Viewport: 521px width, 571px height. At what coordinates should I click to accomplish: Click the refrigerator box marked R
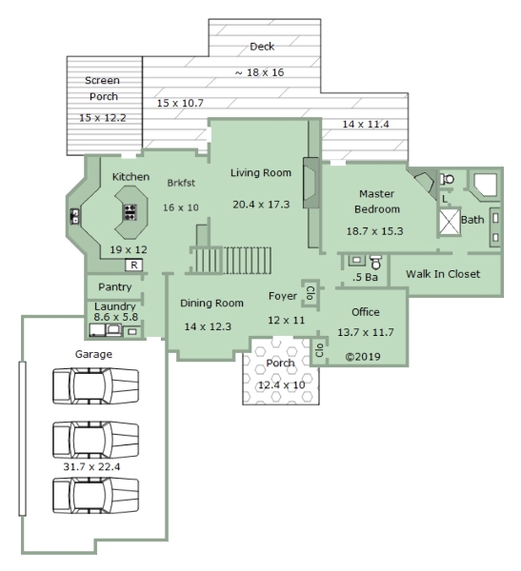pyautogui.click(x=133, y=265)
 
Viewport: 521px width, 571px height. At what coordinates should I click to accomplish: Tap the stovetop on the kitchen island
pyautogui.click(x=130, y=212)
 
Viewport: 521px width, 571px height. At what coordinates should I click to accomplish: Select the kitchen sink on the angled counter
pyautogui.click(x=74, y=216)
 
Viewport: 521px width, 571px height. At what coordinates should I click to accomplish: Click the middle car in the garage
pyautogui.click(x=95, y=440)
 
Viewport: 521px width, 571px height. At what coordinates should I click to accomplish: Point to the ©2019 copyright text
pyautogui.click(x=363, y=357)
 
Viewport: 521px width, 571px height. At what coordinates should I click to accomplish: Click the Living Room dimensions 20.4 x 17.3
pyautogui.click(x=261, y=205)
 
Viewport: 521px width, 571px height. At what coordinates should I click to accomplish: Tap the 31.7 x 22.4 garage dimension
pyautogui.click(x=91, y=466)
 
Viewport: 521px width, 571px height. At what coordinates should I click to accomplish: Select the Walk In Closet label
pyautogui.click(x=443, y=274)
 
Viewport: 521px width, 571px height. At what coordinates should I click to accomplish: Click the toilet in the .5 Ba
pyautogui.click(x=375, y=263)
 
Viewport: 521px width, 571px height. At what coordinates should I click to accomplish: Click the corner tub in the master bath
pyautogui.click(x=485, y=185)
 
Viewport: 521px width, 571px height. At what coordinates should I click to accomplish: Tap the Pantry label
pyautogui.click(x=115, y=287)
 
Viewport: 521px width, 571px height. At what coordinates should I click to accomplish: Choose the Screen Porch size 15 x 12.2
pyautogui.click(x=103, y=118)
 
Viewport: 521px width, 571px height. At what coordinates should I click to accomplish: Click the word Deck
pyautogui.click(x=262, y=47)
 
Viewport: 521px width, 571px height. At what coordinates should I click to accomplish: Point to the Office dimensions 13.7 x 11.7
pyautogui.click(x=366, y=332)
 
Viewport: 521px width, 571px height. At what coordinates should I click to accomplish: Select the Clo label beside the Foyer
pyautogui.click(x=311, y=293)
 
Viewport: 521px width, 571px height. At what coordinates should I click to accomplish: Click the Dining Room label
pyautogui.click(x=211, y=303)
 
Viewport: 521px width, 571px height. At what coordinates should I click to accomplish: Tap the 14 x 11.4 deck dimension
pyautogui.click(x=366, y=124)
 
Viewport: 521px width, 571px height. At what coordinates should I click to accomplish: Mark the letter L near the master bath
pyautogui.click(x=445, y=199)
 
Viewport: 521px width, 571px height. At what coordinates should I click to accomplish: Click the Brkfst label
pyautogui.click(x=181, y=183)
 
